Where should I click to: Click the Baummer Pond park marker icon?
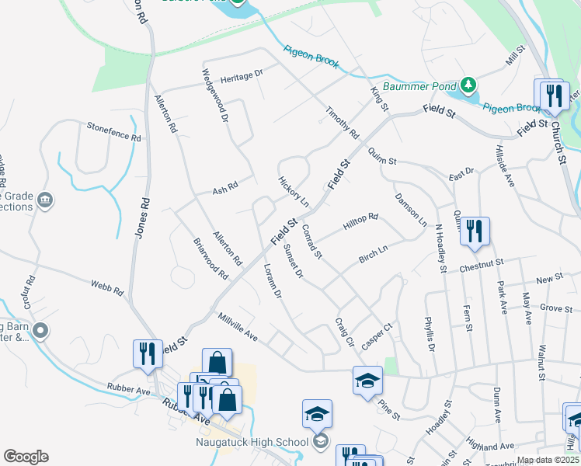468,83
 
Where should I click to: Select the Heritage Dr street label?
242,76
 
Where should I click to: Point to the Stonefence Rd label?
113,131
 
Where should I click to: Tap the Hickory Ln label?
294,191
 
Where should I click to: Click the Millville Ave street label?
238,326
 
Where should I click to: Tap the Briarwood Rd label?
210,259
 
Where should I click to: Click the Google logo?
26,457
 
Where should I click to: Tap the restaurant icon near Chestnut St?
475,231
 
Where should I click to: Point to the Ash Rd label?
224,187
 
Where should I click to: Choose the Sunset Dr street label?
294,263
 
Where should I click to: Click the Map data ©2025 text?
548,460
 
